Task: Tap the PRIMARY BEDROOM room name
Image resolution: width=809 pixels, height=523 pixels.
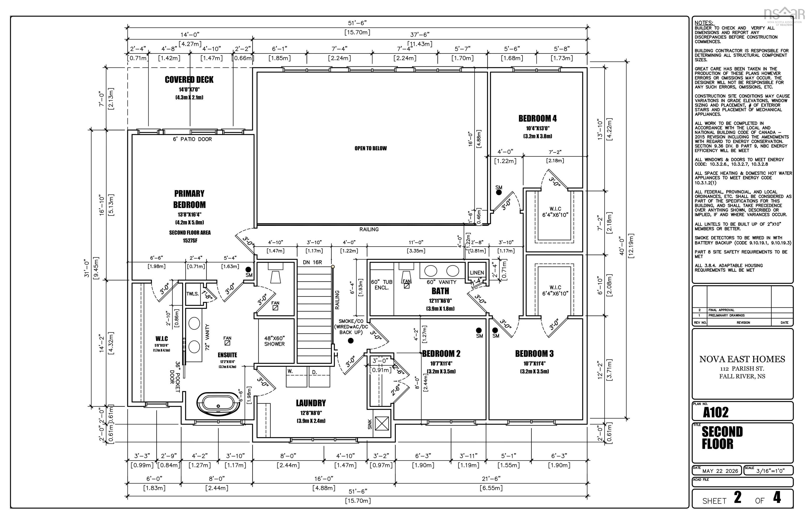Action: tap(189, 199)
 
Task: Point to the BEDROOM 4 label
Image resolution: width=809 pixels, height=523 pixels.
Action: tap(537, 118)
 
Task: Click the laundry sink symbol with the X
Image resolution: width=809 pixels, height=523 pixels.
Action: tap(382, 424)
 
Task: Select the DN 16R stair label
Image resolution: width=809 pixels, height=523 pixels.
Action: tap(312, 262)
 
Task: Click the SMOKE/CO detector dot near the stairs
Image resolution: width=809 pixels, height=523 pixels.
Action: tap(351, 341)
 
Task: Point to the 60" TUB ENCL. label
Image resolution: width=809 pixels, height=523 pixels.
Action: tap(382, 285)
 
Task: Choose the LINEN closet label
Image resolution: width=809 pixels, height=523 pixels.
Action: tap(477, 273)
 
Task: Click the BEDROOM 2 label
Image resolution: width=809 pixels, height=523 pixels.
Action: tap(441, 353)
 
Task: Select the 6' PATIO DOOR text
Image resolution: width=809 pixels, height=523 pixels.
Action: tap(192, 139)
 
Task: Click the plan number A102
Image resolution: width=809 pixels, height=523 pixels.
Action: tap(716, 412)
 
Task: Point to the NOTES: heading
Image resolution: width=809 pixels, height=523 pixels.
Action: tap(704, 23)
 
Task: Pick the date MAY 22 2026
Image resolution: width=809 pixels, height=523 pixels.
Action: tap(720, 471)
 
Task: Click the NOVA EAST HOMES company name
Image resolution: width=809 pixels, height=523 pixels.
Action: tap(742, 359)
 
